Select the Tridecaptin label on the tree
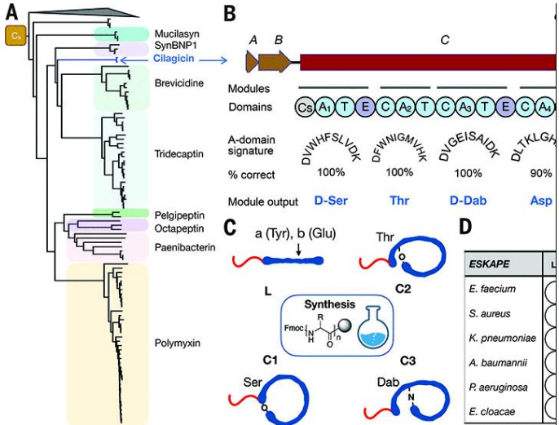(x=179, y=154)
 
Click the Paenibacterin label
(x=183, y=245)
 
